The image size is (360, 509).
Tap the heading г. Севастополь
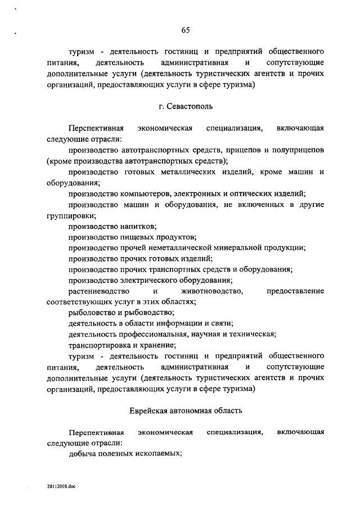point(185,105)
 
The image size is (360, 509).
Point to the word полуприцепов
point(299,150)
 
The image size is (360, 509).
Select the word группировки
point(70,215)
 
